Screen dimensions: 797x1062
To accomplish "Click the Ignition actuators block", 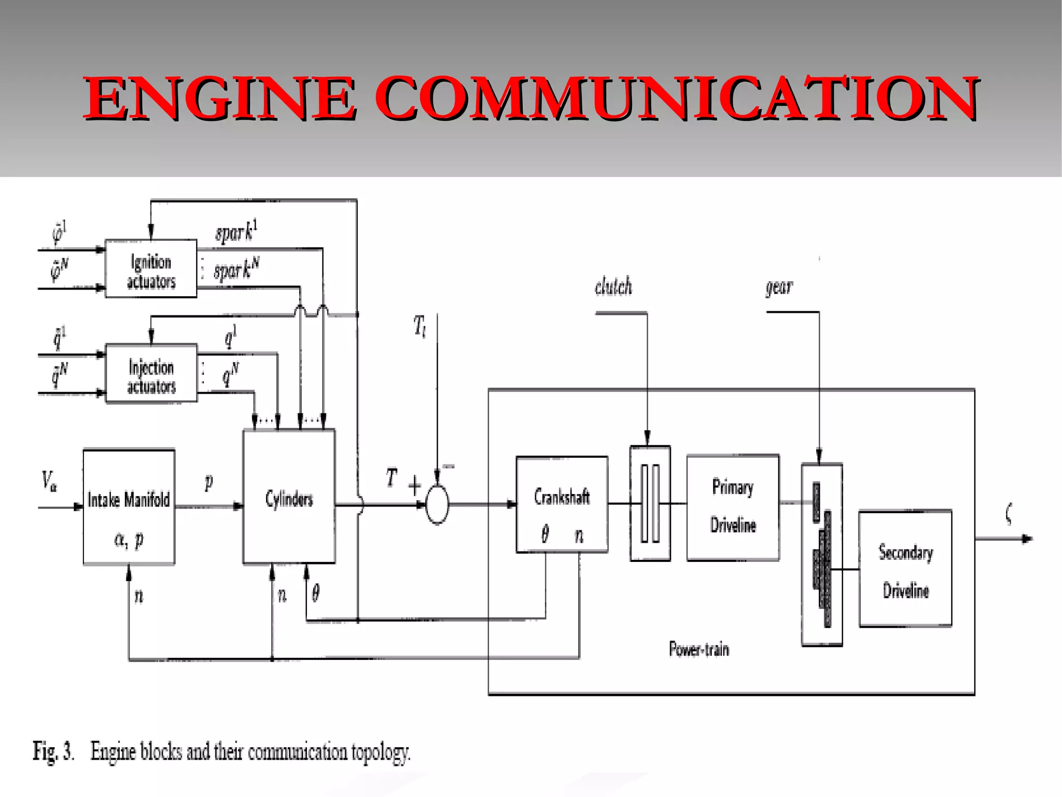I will (x=151, y=269).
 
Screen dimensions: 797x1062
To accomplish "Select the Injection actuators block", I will (x=151, y=374).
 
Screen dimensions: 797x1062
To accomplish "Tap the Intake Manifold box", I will (x=129, y=507).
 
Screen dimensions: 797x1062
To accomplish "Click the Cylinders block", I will (x=289, y=497).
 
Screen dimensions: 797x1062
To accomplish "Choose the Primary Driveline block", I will (x=733, y=507).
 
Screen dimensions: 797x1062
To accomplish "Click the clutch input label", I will (x=613, y=286).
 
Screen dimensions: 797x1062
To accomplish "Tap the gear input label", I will (x=779, y=286).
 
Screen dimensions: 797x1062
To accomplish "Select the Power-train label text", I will (x=698, y=649).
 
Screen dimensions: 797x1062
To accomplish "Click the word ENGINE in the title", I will (x=220, y=98).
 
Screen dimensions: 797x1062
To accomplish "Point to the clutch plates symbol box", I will (x=650, y=503).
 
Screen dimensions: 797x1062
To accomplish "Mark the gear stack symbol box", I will (x=821, y=554).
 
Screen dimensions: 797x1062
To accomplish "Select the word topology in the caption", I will (x=380, y=752).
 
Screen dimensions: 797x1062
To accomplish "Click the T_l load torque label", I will (x=420, y=327).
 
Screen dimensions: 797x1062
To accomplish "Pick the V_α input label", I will (x=49, y=481).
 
